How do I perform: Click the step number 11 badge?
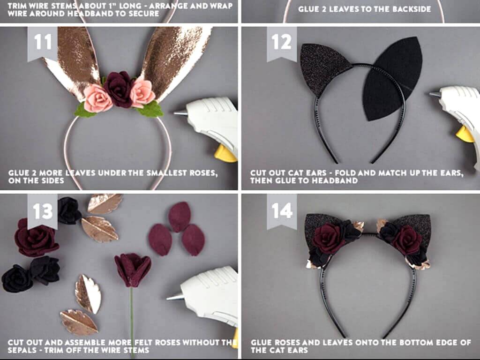(x=42, y=43)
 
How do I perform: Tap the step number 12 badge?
(x=282, y=43)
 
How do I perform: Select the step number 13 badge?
(x=42, y=211)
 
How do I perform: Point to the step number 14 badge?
(x=282, y=211)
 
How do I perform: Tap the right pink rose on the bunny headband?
(x=142, y=91)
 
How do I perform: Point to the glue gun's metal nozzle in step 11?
(x=180, y=113)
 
